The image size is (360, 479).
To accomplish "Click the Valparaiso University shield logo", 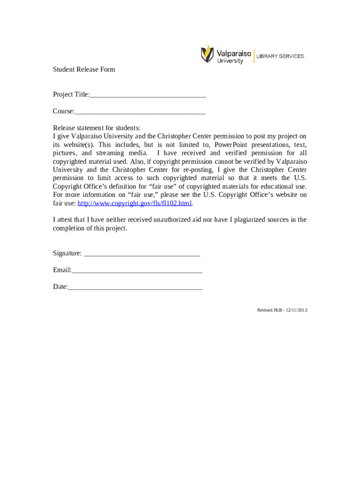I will [x=207, y=54].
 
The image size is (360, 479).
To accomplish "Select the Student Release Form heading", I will [x=84, y=70].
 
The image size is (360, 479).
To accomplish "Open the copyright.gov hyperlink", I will [x=135, y=203].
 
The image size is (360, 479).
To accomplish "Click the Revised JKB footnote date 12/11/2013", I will [x=295, y=310].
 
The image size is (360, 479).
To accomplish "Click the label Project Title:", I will [x=71, y=95].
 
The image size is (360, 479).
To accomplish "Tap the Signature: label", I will [x=67, y=254].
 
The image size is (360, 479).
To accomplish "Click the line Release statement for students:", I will [x=96, y=128].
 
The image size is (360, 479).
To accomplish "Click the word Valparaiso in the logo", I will [x=234, y=53].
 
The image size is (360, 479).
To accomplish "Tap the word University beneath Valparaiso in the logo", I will [x=230, y=61].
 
